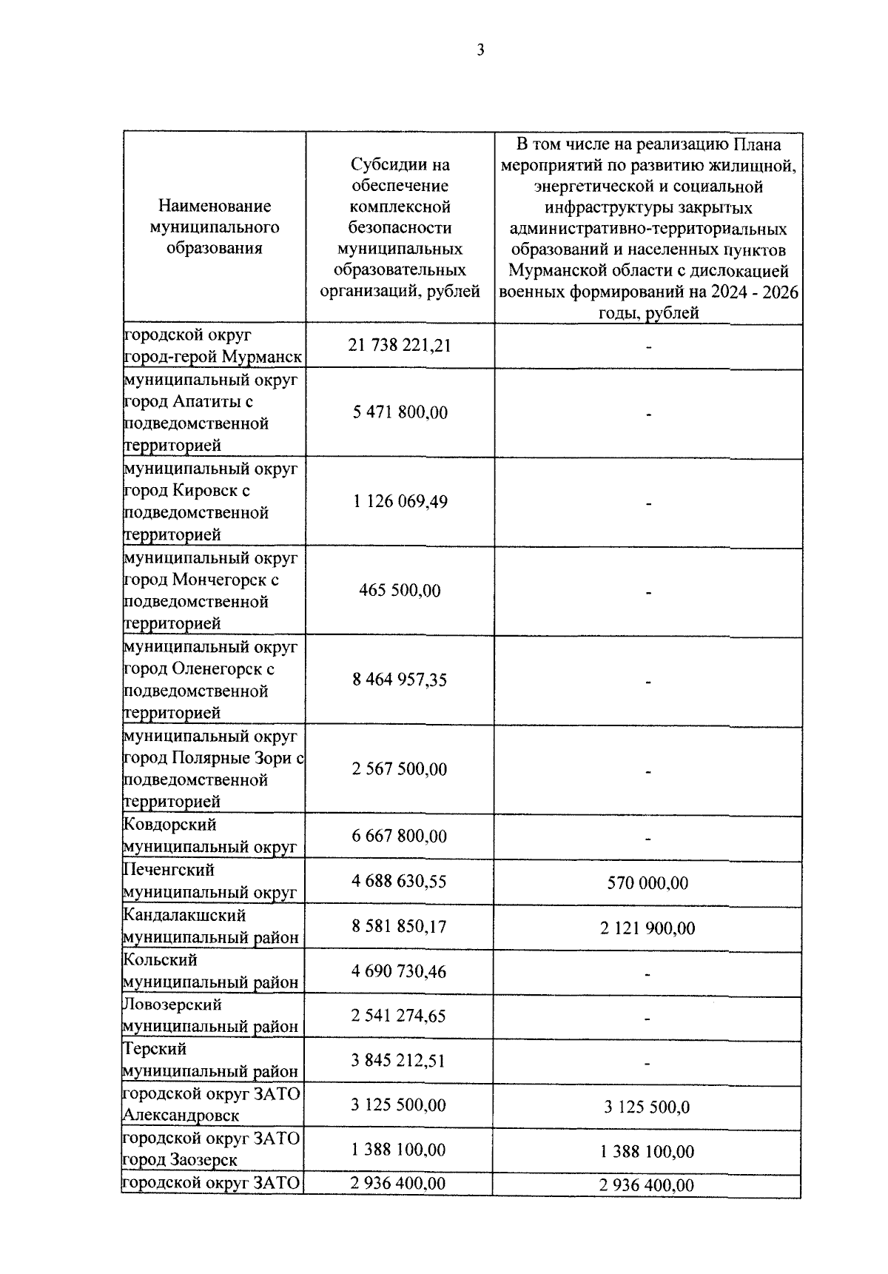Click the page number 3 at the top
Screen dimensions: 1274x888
click(x=480, y=50)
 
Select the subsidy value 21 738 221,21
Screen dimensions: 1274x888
click(x=400, y=346)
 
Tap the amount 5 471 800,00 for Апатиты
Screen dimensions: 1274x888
click(x=400, y=412)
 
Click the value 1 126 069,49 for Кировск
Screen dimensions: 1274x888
click(x=400, y=501)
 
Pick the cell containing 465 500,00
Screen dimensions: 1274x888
click(x=400, y=591)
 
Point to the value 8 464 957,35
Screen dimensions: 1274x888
click(x=400, y=680)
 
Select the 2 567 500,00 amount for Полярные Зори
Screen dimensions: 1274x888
click(x=400, y=769)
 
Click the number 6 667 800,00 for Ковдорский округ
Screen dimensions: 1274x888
click(x=400, y=837)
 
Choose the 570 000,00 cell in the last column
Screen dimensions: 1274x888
click(x=647, y=883)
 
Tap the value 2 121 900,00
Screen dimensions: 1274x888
click(x=647, y=928)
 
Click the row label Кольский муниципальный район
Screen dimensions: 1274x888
click(x=210, y=971)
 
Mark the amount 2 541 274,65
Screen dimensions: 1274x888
click(x=400, y=1016)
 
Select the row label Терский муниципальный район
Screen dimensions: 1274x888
click(x=210, y=1060)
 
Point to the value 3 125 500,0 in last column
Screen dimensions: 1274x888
click(x=647, y=1107)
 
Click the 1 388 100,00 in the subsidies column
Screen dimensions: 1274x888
click(x=400, y=1150)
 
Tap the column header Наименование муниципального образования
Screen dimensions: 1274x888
click(x=215, y=227)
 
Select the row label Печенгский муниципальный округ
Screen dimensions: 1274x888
click(x=210, y=882)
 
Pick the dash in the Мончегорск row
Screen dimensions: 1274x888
click(x=648, y=592)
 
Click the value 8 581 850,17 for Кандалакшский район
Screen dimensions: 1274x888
click(x=400, y=927)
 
